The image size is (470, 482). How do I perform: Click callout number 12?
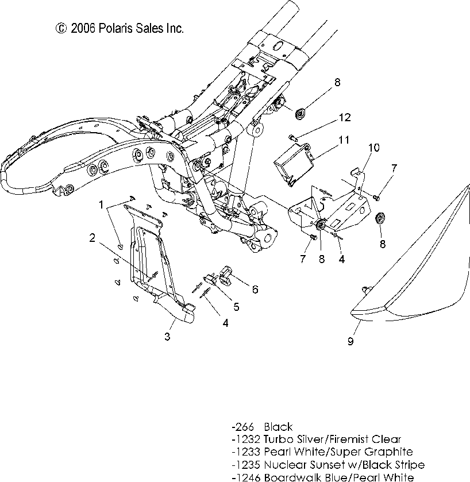pos(344,118)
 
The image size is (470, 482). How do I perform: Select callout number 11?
pos(344,140)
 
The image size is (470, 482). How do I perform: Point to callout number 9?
pos(350,341)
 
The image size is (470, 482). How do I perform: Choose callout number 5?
pos(236,307)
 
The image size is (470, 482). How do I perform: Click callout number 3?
pos(167,337)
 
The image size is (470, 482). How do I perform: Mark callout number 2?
pos(92,237)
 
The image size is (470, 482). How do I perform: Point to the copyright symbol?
pos(61,28)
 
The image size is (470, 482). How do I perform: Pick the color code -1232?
pos(246,439)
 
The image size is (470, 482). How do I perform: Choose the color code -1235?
pos(246,464)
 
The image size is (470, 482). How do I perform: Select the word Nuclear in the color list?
pos(284,464)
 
